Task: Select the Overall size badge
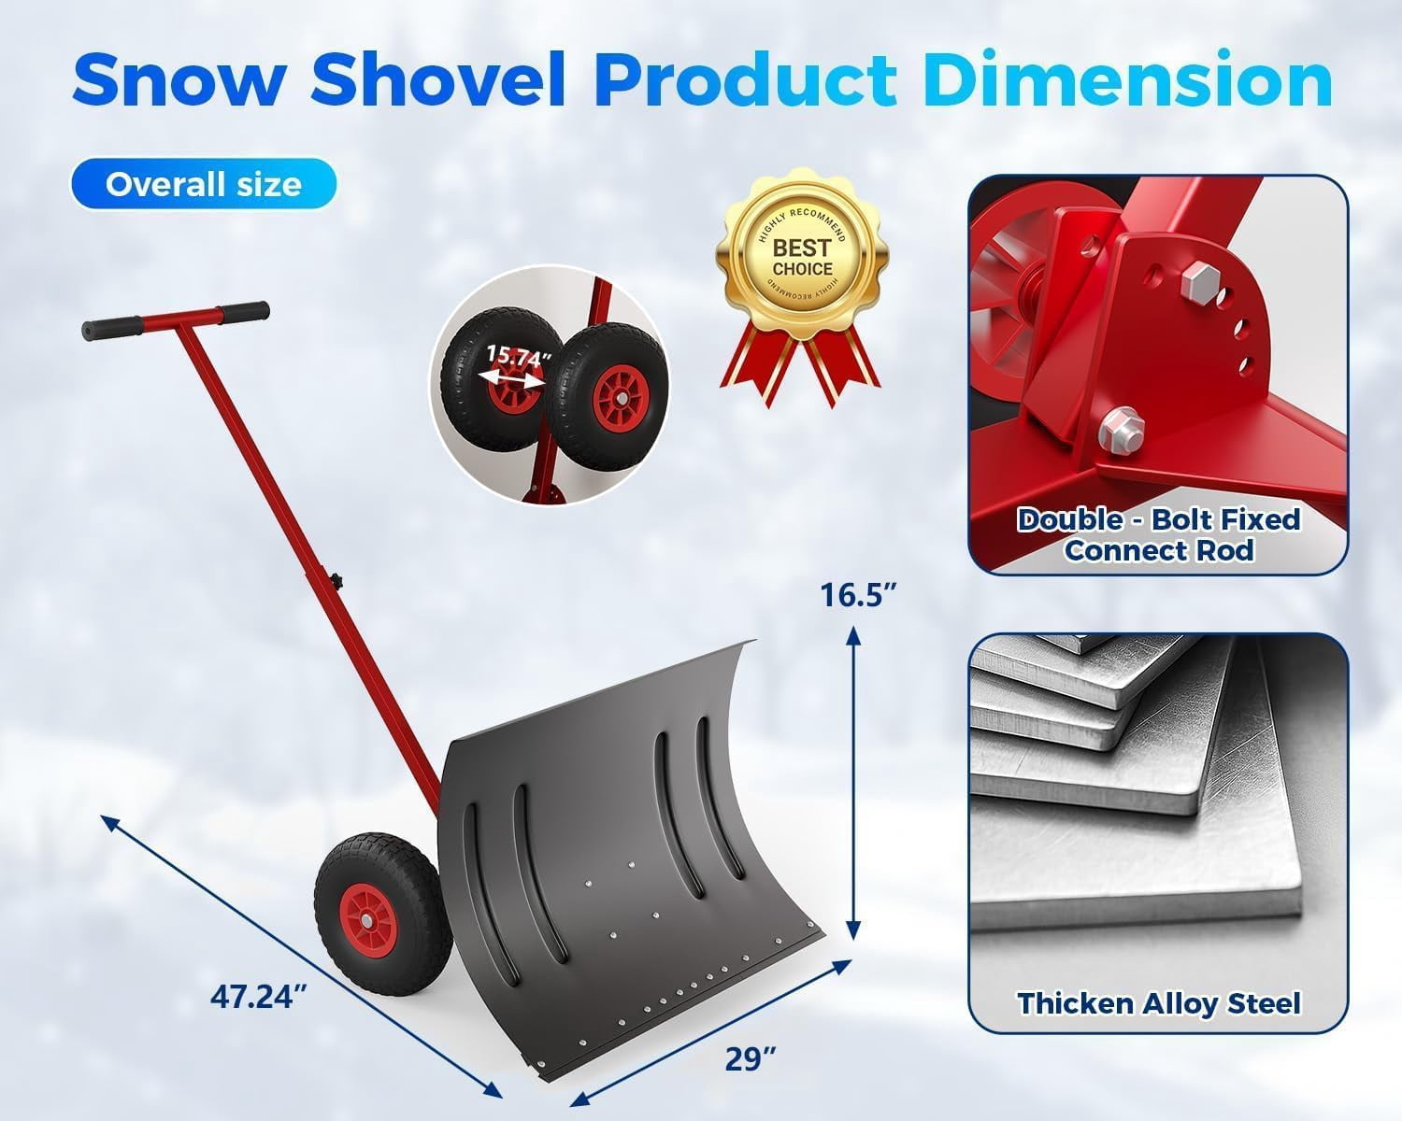click(203, 184)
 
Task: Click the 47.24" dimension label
click(259, 997)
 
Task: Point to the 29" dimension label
click(751, 1058)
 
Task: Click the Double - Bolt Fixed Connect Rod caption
click(1158, 534)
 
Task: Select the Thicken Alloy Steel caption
click(1158, 1003)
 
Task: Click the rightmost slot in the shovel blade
click(720, 794)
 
